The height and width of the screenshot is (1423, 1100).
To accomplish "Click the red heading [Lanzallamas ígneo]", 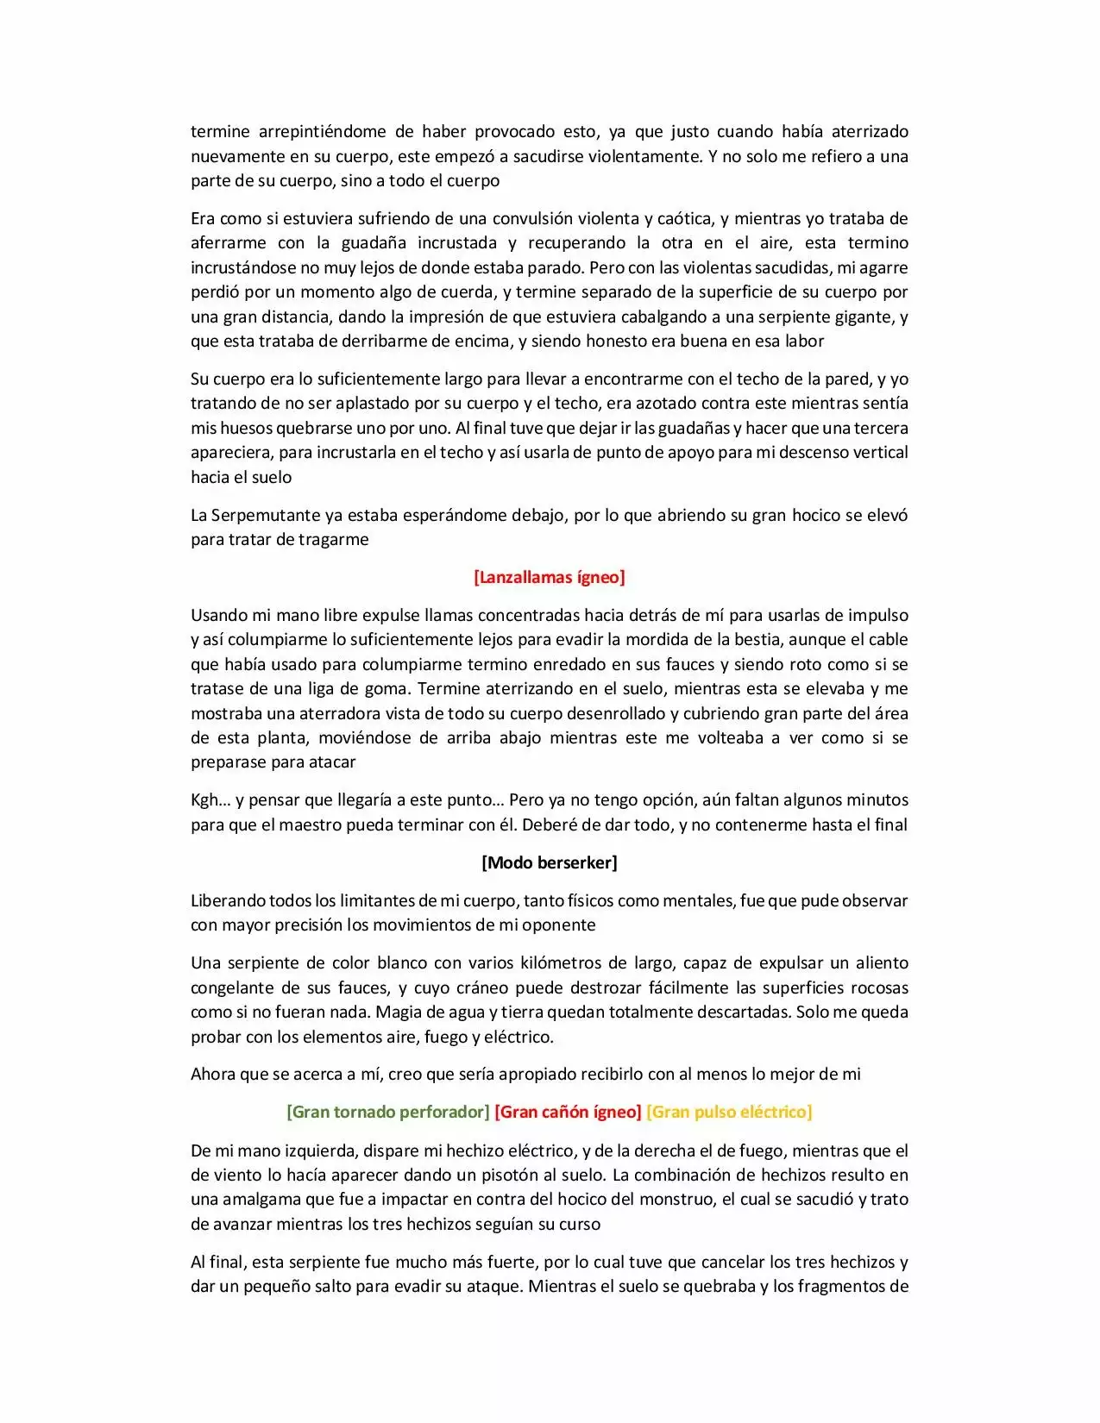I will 549,577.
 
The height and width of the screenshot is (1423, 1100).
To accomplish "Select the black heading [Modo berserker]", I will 549,862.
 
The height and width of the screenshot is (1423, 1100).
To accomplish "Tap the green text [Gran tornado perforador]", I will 387,1112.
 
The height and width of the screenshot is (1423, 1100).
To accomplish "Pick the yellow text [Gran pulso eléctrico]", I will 729,1112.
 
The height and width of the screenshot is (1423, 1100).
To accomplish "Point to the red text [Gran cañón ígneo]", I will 568,1112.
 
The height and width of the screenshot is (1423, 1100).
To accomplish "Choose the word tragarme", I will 334,540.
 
